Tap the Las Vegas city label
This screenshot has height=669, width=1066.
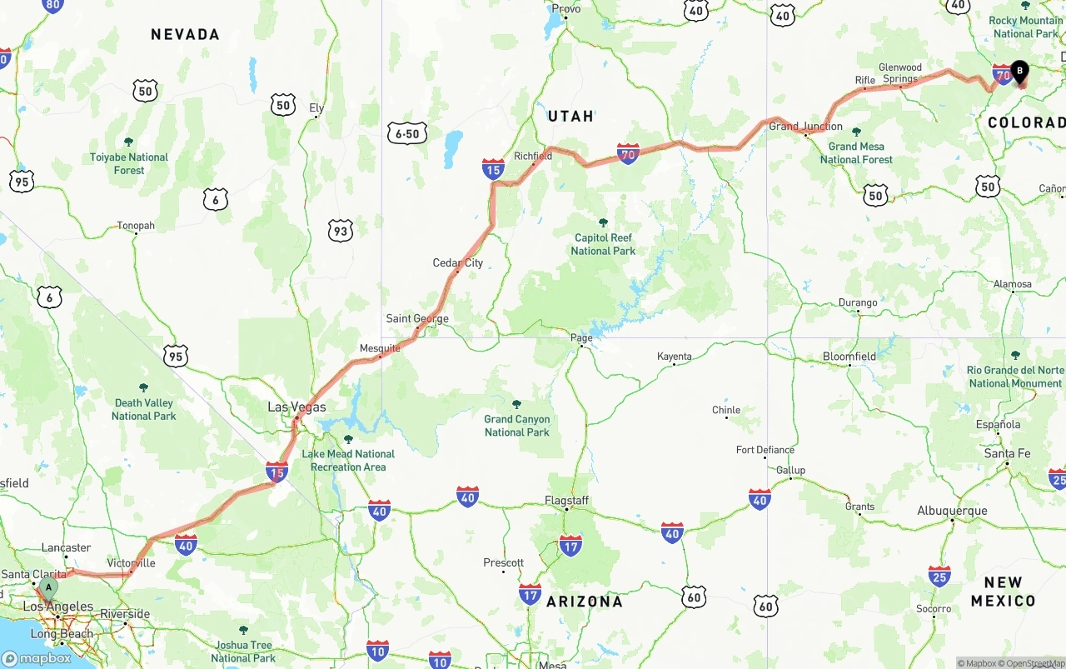(x=296, y=407)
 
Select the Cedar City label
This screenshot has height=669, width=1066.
(x=457, y=263)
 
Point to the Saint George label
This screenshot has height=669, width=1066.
(x=417, y=319)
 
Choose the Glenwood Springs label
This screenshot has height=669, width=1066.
(x=900, y=73)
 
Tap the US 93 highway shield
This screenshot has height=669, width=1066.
(x=340, y=231)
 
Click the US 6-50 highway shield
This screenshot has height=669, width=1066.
(x=407, y=133)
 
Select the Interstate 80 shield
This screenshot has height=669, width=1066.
(x=52, y=5)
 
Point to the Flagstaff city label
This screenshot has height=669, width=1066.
(x=566, y=501)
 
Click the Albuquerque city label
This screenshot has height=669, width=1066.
(x=952, y=511)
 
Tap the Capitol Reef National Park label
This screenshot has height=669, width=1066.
(x=603, y=244)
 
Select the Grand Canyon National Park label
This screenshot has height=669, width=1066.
(x=517, y=426)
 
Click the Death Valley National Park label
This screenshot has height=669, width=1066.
(x=143, y=409)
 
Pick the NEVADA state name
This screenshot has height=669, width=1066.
(x=185, y=34)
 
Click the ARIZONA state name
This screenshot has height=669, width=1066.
(x=584, y=602)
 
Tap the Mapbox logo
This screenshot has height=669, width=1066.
(x=37, y=658)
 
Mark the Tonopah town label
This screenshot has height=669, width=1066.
(x=135, y=226)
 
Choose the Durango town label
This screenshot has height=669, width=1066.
(x=858, y=303)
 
